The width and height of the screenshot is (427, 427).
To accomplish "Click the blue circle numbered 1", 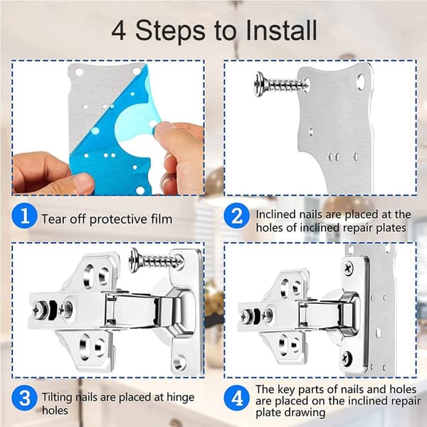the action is point(24,216).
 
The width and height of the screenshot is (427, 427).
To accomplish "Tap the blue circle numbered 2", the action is point(236,216).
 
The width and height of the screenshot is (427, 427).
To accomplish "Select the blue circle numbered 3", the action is point(24,399).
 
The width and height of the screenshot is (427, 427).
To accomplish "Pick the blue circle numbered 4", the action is point(236,399).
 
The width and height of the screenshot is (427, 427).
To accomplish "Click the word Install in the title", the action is point(281,30).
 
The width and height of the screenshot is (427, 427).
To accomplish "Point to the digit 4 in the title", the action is point(119,31).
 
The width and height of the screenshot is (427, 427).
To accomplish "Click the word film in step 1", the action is point(162,219).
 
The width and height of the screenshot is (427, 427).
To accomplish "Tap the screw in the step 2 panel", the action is point(281,84).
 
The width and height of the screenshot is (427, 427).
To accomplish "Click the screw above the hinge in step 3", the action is point(156,260).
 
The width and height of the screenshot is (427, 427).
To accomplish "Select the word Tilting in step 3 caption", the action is point(57,397).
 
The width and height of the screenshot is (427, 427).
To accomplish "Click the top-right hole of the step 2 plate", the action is point(361,81).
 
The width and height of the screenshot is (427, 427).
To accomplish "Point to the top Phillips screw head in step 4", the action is point(348,268).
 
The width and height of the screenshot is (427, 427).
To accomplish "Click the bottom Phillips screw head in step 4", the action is point(347,357).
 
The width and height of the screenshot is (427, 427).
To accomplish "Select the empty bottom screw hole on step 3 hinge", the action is point(179,362).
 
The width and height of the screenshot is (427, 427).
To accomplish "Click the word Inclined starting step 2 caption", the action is point(275,214).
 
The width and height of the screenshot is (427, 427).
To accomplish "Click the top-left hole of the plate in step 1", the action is point(79,72).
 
